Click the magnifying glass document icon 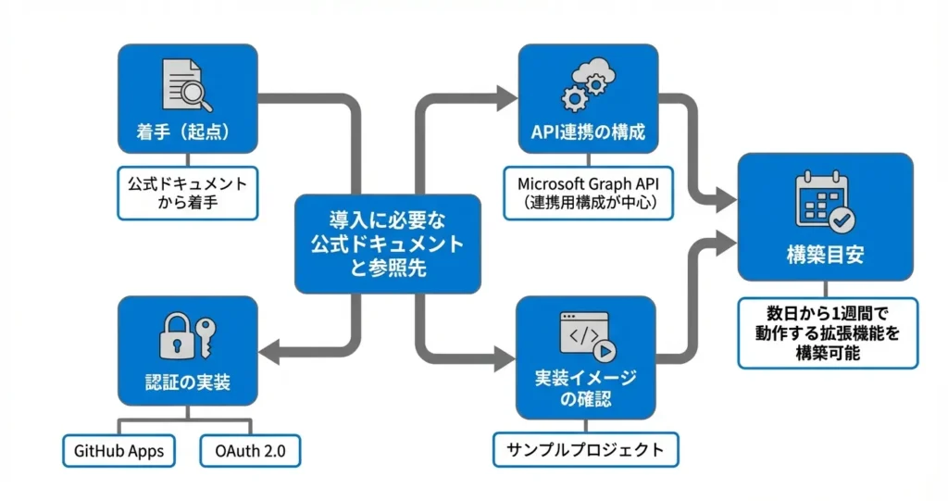(187, 86)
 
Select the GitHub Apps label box (118, 451)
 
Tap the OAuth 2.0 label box (251, 451)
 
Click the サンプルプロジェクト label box (585, 450)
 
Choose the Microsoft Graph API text (588, 182)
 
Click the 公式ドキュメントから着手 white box (188, 193)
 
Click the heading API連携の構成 (588, 132)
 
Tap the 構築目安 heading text (825, 256)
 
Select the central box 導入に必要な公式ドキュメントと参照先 (387, 244)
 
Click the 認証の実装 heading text (188, 382)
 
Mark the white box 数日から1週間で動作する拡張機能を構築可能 (828, 331)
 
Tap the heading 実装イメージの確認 (586, 390)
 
